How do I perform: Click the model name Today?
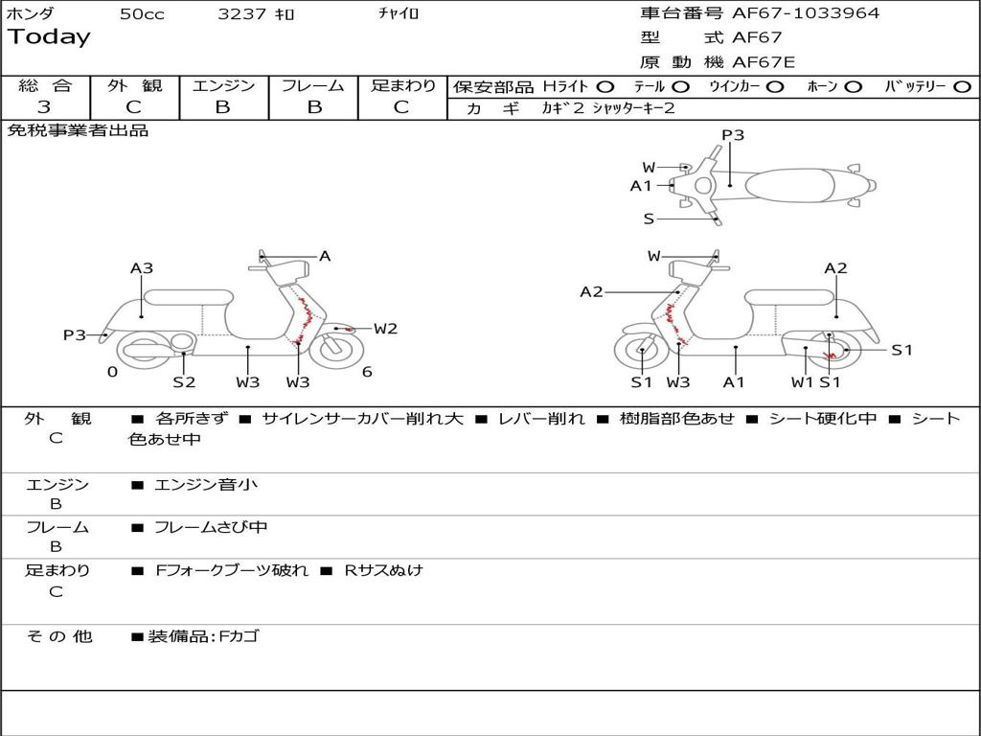pos(49,37)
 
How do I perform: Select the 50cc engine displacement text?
pos(142,14)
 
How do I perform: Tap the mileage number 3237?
pos(241,14)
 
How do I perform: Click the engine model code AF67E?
pos(764,63)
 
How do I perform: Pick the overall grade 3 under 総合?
pos(44,107)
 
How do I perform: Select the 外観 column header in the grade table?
pos(134,86)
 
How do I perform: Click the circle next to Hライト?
pos(606,87)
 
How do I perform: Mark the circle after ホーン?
pos(854,87)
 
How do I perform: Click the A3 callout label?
pos(142,269)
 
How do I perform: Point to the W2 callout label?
pos(385,329)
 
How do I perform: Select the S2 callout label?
pos(184,382)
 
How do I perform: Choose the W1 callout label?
pos(802,382)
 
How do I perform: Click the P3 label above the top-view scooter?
pos(733,135)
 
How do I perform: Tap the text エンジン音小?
pos(206,485)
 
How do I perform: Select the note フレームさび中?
pos(211,527)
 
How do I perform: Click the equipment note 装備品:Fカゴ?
pos(202,636)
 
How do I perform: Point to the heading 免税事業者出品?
pos(79,130)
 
